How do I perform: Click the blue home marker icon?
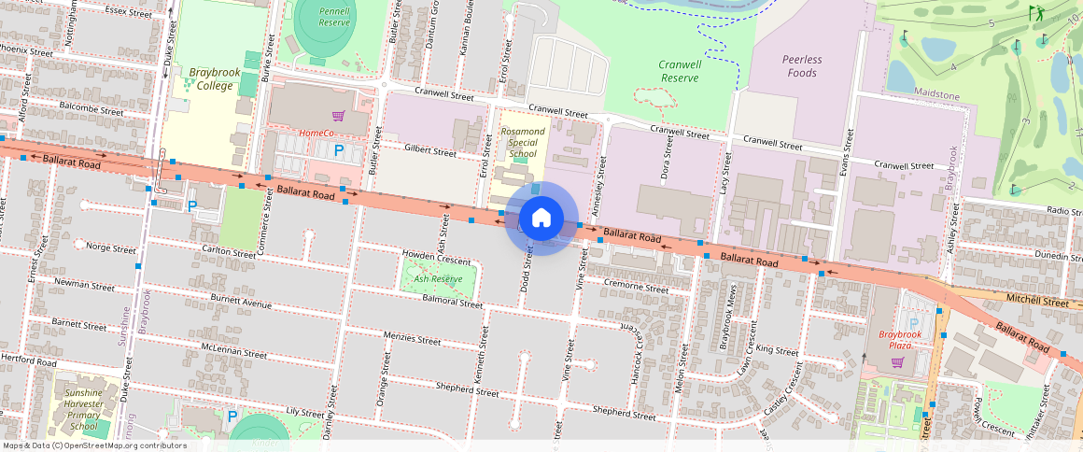coord(541,219)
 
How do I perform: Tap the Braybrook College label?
coord(211,78)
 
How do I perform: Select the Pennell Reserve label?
coord(333,17)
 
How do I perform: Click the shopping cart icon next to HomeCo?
coord(338,117)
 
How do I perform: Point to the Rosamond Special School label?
coord(522,143)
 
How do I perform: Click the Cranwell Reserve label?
coord(680,71)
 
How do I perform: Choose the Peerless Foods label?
coord(801,65)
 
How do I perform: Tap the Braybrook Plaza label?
coord(900,339)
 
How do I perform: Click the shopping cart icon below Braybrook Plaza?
coord(897,361)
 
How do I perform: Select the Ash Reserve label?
coord(438,278)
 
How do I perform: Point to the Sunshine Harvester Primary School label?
coord(84,409)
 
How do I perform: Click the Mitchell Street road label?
coord(1036,302)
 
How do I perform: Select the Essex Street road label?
coord(129,13)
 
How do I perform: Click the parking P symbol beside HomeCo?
coord(339,149)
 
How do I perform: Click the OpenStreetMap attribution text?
coord(94,445)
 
